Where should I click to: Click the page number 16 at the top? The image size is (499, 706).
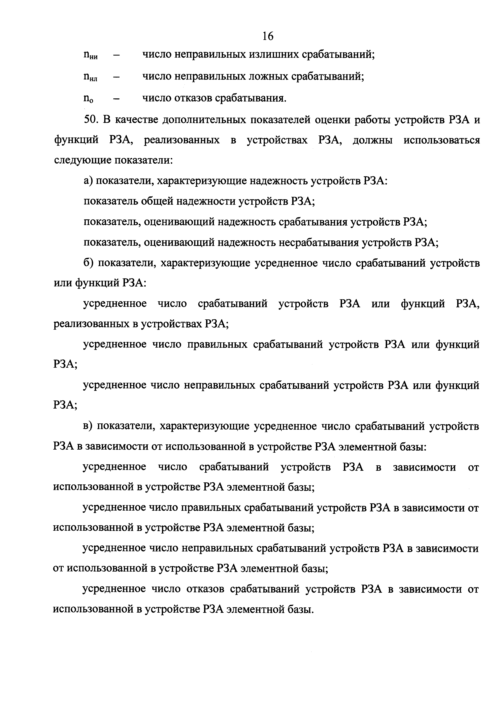tap(268, 36)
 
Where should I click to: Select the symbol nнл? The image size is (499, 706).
tap(90, 77)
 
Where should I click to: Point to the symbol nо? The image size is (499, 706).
tap(89, 99)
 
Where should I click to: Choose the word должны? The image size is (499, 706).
tap(372, 140)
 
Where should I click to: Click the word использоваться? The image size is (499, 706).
tap(441, 140)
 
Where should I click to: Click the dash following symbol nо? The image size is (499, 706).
tap(117, 99)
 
